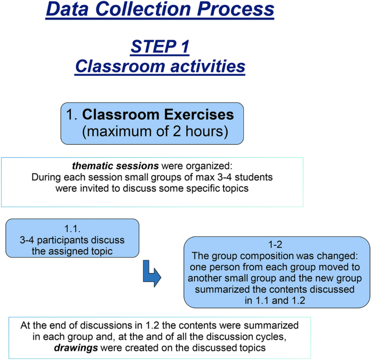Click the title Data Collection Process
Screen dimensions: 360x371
(160, 10)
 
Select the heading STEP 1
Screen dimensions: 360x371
(160, 47)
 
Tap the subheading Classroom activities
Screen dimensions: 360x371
(160, 66)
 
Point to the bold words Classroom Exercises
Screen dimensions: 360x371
(158, 114)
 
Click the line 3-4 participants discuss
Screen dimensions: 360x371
(73, 240)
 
